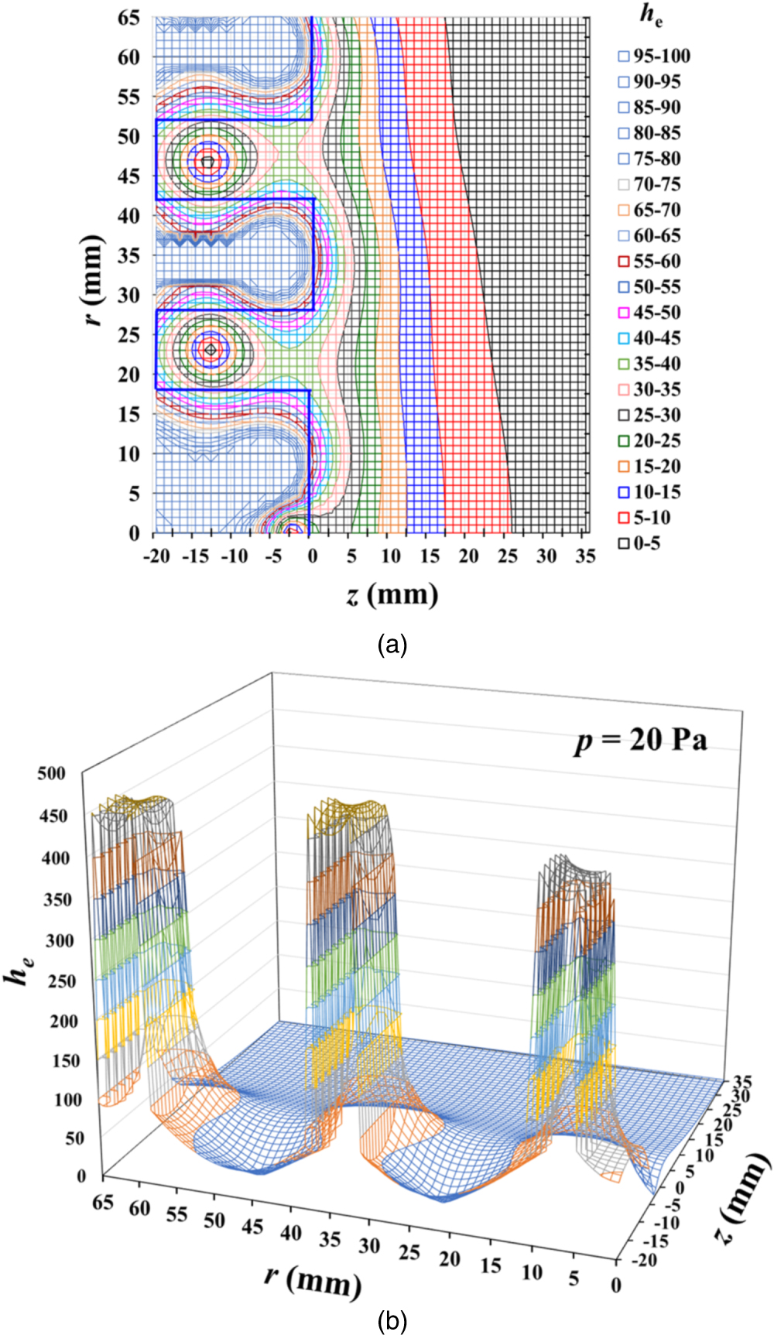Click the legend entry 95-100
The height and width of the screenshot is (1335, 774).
(654, 56)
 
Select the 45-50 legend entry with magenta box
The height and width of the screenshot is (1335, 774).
(654, 313)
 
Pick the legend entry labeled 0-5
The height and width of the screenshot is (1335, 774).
(639, 543)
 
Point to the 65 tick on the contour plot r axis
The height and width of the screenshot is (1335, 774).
(128, 17)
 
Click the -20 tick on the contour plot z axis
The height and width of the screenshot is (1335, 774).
(156, 556)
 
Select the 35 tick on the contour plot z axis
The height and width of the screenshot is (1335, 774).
(585, 556)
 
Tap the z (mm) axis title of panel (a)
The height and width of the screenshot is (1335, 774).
(392, 594)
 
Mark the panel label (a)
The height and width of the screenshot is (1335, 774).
(392, 644)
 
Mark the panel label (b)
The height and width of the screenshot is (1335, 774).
(392, 1321)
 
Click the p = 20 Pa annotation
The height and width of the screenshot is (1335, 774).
(640, 740)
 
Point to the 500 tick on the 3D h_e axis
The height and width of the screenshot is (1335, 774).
(53, 773)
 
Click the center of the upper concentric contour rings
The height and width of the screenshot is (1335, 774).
(207, 162)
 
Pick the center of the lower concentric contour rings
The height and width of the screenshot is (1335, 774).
(210, 350)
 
